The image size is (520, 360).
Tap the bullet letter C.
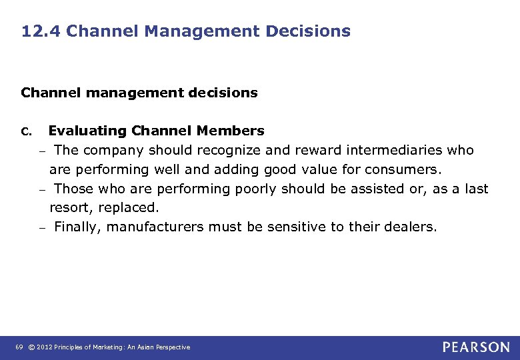[x=27, y=131]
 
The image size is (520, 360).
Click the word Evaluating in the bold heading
[x=88, y=131]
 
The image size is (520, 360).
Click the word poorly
[x=255, y=189]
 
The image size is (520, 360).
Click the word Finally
[x=77, y=227]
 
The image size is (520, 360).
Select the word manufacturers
[x=155, y=227]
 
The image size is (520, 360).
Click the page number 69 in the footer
[x=19, y=347]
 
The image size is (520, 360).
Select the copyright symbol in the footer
[x=31, y=347]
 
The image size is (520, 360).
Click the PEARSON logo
[x=476, y=347]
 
